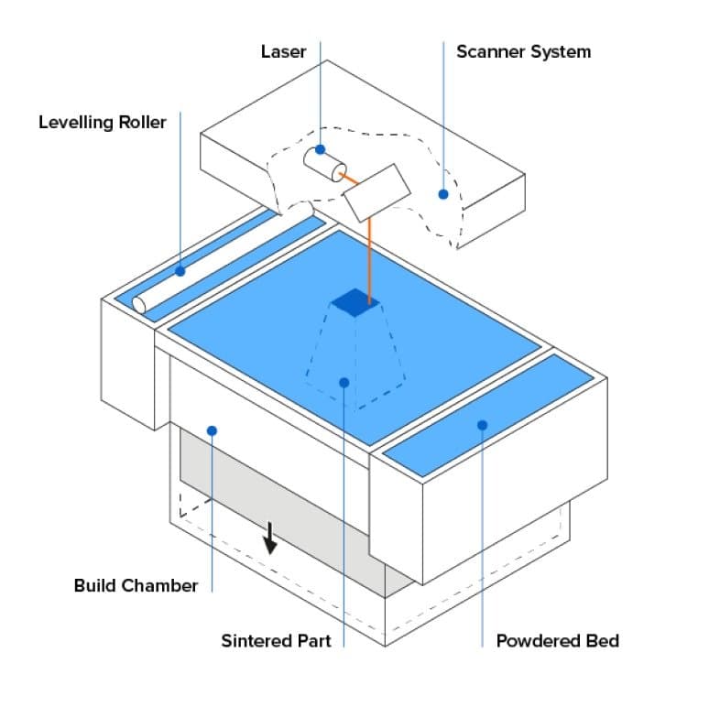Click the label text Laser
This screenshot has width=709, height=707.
click(283, 51)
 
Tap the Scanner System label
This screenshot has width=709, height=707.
click(523, 51)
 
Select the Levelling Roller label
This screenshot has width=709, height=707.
click(103, 122)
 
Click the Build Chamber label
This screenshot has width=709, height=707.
click(136, 584)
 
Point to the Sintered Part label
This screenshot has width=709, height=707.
click(276, 640)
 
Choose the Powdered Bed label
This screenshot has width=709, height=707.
click(557, 640)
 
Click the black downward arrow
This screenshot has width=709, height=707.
click(270, 540)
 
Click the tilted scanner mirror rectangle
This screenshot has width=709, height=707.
click(376, 190)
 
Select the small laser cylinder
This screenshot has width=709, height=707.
click(324, 164)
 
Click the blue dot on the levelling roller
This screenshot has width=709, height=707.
click(180, 271)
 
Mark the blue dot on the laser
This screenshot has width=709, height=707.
click(321, 149)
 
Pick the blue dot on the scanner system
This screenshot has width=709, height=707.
click(443, 194)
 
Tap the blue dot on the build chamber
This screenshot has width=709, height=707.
click(212, 430)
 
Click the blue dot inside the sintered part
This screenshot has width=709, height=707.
click(344, 382)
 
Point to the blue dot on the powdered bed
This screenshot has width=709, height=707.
click(482, 424)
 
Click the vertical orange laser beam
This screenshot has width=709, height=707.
click(369, 256)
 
